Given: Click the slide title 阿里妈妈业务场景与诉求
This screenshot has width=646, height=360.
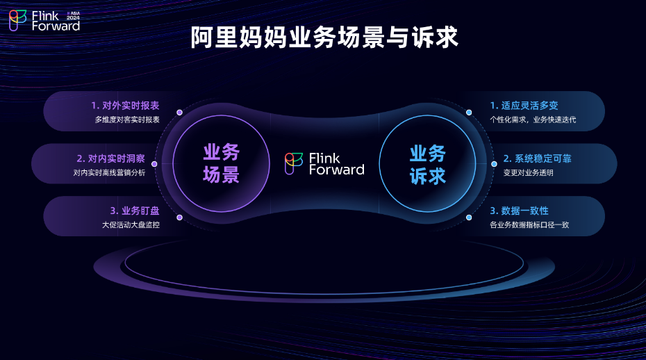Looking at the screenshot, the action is [324, 38].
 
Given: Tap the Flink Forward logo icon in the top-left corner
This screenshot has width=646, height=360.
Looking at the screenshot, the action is [18, 21].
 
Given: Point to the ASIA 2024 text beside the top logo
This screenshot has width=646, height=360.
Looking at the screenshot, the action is [74, 16].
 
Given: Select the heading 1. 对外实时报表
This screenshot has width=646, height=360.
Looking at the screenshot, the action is [125, 106].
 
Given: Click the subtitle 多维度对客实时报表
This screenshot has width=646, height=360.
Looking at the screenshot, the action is [127, 120].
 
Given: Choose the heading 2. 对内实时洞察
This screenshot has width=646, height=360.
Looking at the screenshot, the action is [111, 158].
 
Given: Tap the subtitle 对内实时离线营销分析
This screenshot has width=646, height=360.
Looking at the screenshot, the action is [109, 172].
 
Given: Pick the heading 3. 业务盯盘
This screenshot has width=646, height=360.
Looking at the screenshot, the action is [135, 211].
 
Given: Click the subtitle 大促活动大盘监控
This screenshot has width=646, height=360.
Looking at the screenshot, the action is [131, 224].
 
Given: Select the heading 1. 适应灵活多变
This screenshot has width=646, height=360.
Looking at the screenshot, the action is [524, 106].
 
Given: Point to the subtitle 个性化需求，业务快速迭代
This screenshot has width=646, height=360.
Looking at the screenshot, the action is [533, 120].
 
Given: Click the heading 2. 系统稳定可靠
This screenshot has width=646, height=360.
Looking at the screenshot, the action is [537, 158].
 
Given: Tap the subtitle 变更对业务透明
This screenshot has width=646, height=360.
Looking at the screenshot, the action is [528, 172].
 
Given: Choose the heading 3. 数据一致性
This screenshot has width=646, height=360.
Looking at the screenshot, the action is [519, 211].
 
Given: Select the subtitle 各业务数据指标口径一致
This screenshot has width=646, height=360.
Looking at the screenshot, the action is [529, 224].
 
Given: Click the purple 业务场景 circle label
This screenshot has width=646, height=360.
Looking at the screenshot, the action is [222, 163].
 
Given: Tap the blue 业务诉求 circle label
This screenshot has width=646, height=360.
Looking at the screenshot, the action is [428, 165].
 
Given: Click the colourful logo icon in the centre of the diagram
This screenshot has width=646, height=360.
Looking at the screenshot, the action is [294, 163].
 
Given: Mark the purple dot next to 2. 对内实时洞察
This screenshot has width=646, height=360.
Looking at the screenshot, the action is [154, 164].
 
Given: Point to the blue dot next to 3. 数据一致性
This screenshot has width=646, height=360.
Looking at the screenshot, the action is [469, 218].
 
